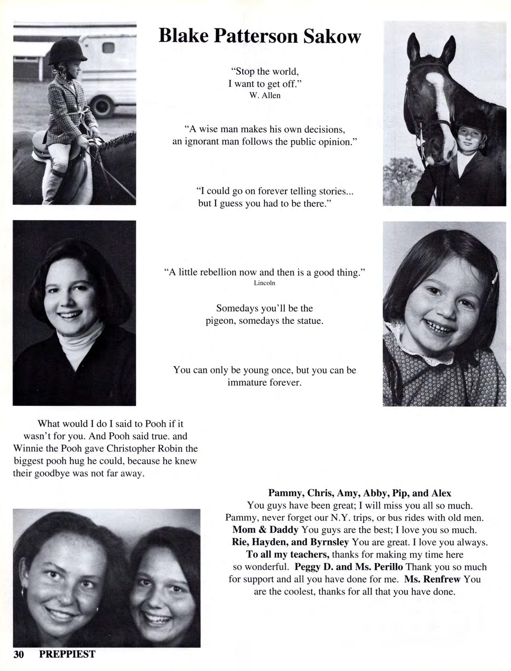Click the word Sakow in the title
click(x=332, y=37)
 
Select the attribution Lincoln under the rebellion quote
click(x=264, y=283)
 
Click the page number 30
click(x=20, y=654)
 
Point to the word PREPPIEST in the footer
click(x=67, y=654)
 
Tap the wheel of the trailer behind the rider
click(x=102, y=105)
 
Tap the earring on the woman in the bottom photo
click(x=23, y=592)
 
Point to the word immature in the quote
click(x=246, y=382)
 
